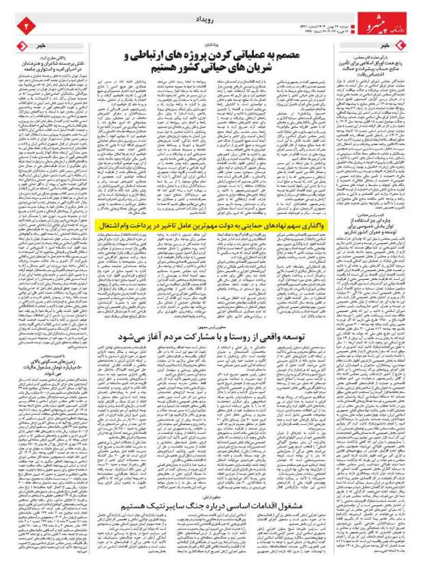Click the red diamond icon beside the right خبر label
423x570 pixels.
[403, 44]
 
